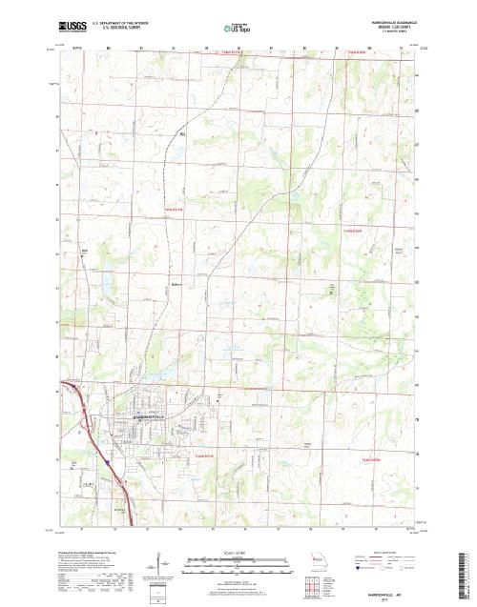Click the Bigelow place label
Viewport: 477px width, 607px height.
[176, 283]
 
